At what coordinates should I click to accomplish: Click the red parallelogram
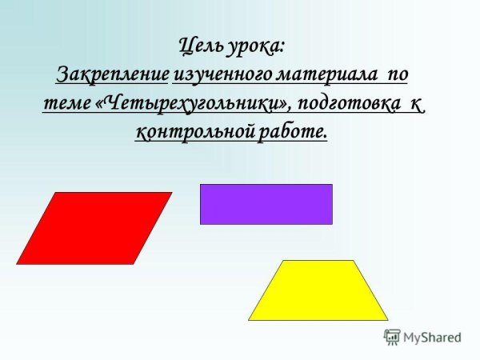[x=94, y=228]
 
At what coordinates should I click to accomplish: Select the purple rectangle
[x=266, y=204]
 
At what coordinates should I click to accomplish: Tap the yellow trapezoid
[x=318, y=290]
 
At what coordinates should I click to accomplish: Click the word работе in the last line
[x=292, y=132]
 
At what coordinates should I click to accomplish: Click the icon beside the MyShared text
[x=392, y=337]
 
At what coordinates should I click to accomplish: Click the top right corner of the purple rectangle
[x=331, y=185]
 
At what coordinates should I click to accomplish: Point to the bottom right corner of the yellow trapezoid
[x=387, y=319]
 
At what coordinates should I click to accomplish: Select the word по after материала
[x=396, y=77]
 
